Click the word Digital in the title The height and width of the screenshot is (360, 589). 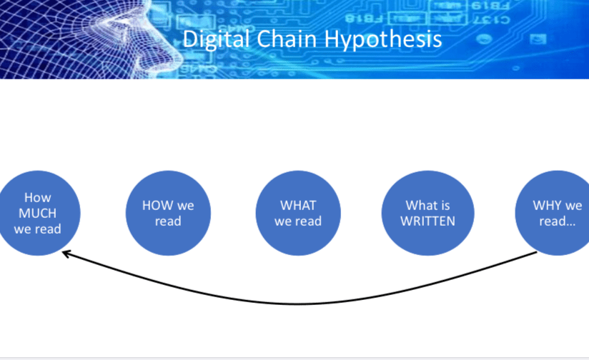(216, 39)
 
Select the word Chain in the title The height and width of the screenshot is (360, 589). (287, 39)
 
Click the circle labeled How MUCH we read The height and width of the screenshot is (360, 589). (37, 214)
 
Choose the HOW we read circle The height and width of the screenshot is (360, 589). (168, 214)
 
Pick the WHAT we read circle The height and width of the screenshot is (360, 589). (298, 214)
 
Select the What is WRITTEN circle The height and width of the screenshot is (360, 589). (428, 214)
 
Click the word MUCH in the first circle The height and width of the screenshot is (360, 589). (38, 214)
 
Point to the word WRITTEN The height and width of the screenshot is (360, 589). (428, 221)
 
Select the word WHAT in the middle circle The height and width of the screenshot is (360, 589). (298, 205)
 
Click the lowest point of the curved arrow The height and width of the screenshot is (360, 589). (300, 304)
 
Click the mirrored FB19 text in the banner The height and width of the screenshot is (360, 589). (490, 6)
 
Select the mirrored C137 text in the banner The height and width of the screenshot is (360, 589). (492, 19)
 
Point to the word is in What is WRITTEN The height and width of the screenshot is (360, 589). (445, 205)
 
